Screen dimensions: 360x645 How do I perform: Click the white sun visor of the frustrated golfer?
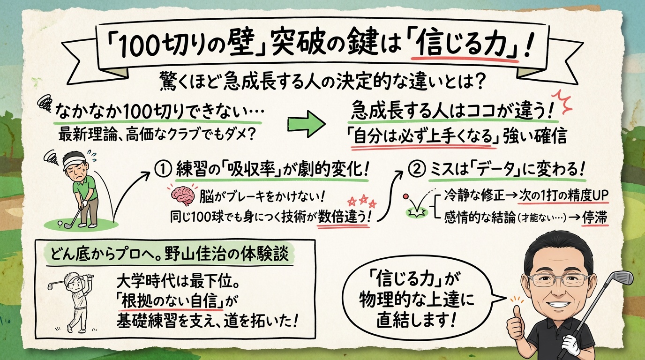point(72,162)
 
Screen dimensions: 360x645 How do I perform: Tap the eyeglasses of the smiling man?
point(558,280)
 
